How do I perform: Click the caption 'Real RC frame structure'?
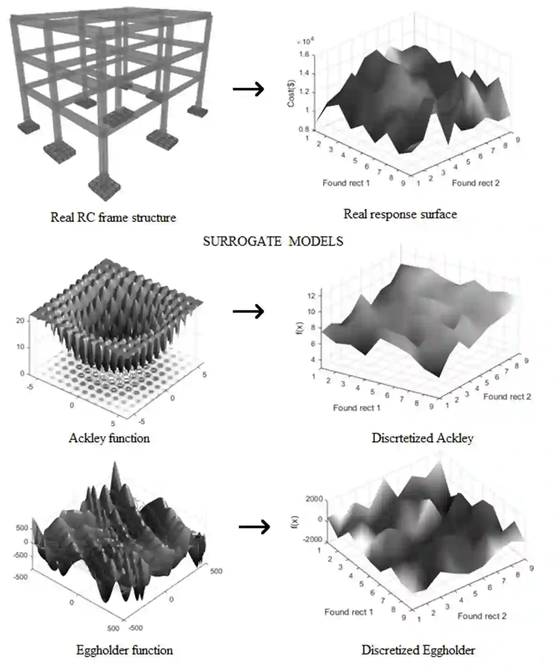click(x=113, y=217)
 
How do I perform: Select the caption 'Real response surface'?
click(x=400, y=214)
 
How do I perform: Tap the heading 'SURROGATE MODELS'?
click(x=273, y=241)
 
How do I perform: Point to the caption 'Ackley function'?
click(x=109, y=438)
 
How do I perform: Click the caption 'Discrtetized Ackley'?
click(x=422, y=438)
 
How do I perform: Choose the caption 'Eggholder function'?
click(x=124, y=650)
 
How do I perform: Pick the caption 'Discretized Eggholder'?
click(x=418, y=650)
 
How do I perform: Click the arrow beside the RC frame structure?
click(x=248, y=89)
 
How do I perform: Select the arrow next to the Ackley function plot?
click(x=248, y=311)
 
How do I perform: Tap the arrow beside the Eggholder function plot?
click(x=254, y=527)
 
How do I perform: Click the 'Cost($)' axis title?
click(x=291, y=93)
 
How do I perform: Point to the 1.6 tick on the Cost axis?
click(x=304, y=55)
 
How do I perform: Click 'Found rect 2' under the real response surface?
click(x=475, y=183)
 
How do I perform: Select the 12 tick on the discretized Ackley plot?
click(x=311, y=296)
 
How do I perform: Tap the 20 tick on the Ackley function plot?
click(x=20, y=321)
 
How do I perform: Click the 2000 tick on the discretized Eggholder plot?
click(x=314, y=499)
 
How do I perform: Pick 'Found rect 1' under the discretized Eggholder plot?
click(x=349, y=612)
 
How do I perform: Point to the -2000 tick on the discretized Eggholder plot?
click(x=313, y=539)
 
